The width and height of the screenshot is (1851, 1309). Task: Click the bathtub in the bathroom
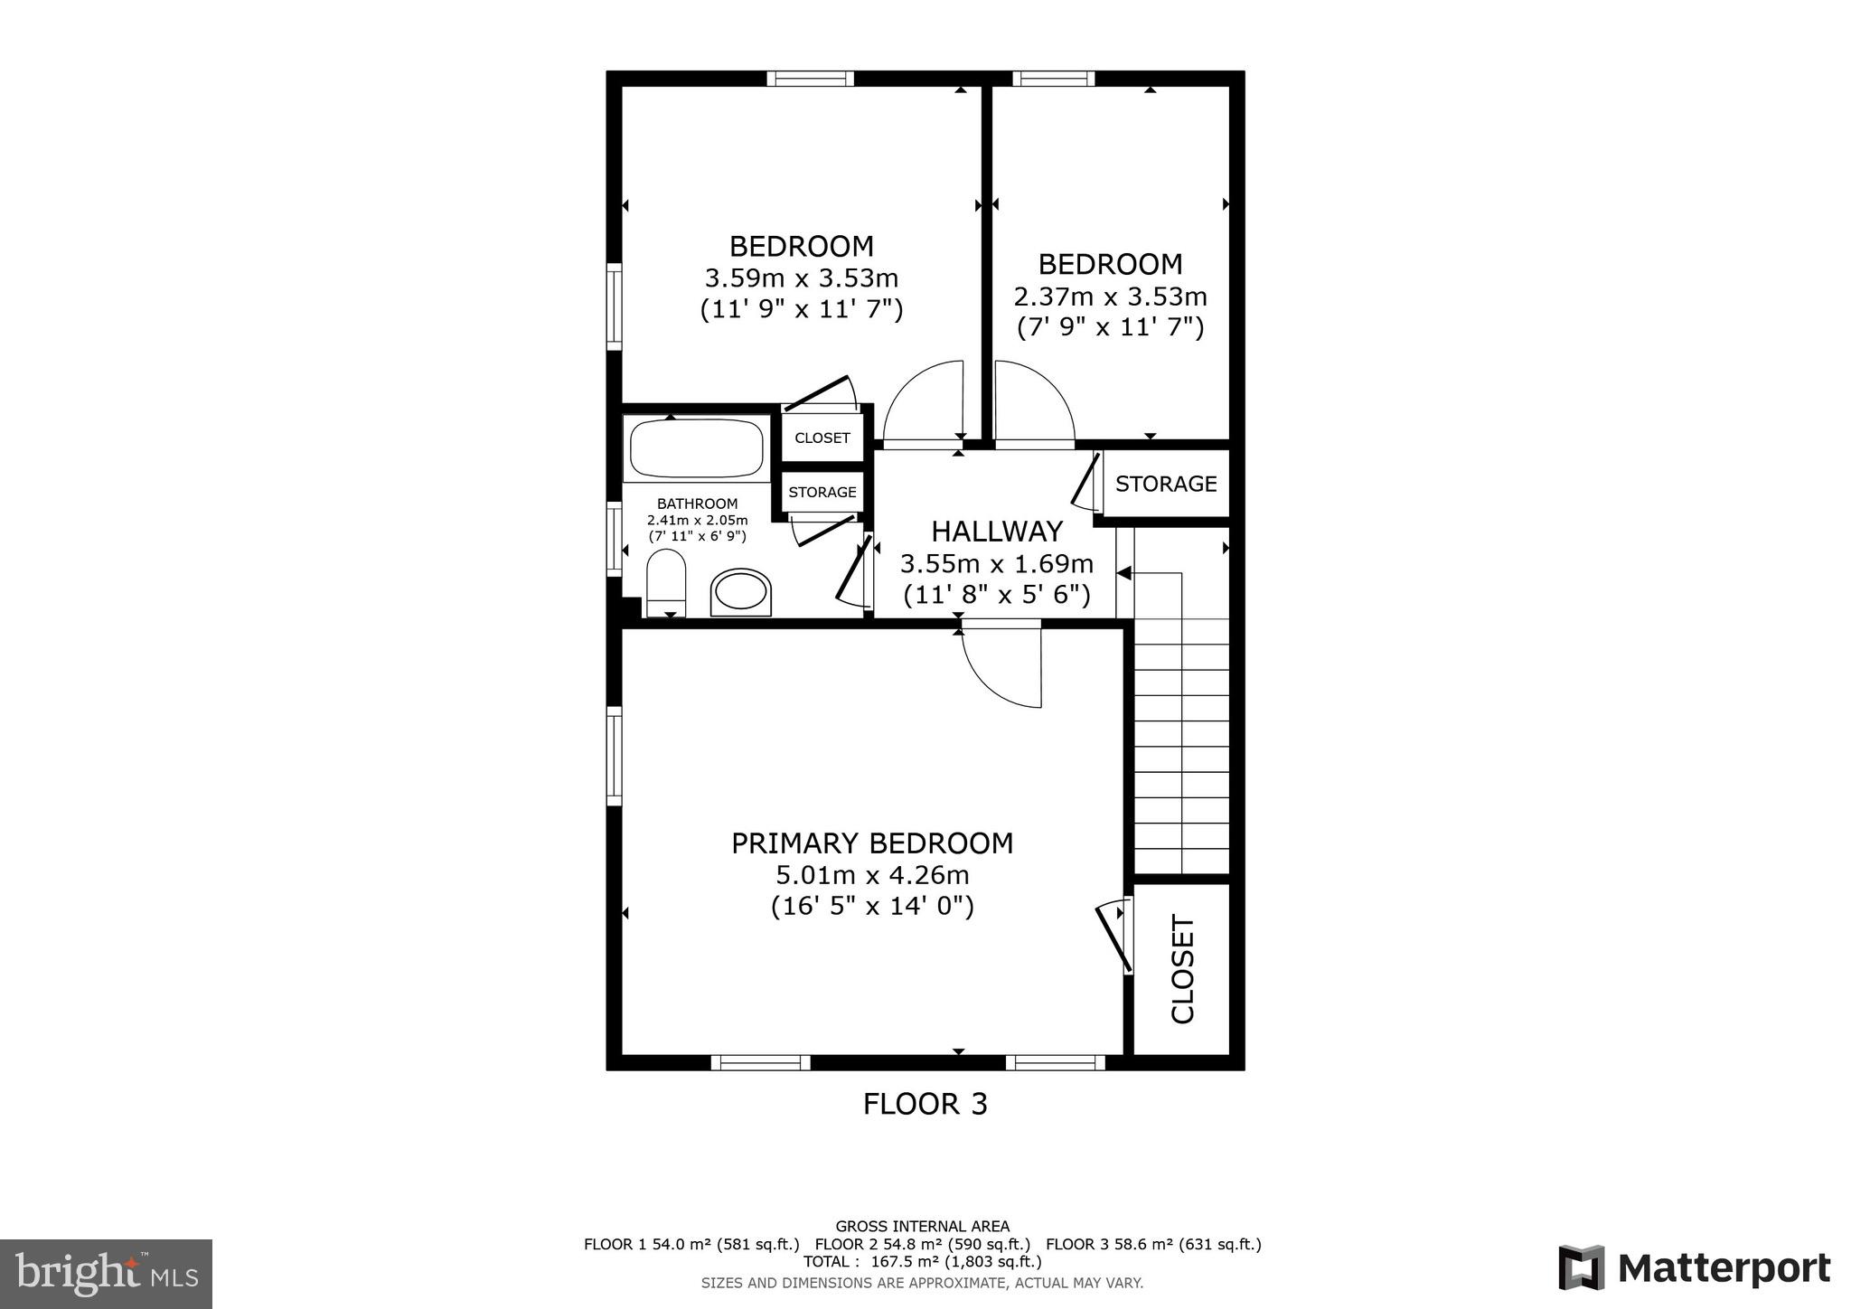pos(696,448)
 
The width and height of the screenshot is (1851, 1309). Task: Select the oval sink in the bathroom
pos(741,593)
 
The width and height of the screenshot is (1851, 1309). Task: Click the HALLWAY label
pos(997,531)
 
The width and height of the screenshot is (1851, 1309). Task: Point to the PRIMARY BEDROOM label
pos(871,843)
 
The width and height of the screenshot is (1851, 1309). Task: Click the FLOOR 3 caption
pos(925,1104)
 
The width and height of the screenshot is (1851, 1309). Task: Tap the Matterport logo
pos(1695,1268)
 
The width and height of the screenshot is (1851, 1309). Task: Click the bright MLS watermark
pos(107,1274)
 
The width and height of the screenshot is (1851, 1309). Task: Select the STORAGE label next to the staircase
pos(1166,484)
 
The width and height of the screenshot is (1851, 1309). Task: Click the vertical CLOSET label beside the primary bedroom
pos(1183,969)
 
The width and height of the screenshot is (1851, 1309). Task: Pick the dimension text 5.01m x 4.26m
pos(872,875)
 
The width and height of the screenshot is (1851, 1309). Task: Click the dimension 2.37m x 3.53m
pos(1110,297)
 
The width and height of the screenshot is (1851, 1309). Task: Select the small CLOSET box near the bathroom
pos(822,438)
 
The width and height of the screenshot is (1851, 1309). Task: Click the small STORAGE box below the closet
pos(822,492)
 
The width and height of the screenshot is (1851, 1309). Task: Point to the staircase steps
pos(1181,723)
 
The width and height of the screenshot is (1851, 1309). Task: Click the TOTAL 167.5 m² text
pos(922,1261)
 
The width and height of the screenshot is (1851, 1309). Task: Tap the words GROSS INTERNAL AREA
pos(922,1227)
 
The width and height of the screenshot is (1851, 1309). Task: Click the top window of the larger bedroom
pos(810,79)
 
